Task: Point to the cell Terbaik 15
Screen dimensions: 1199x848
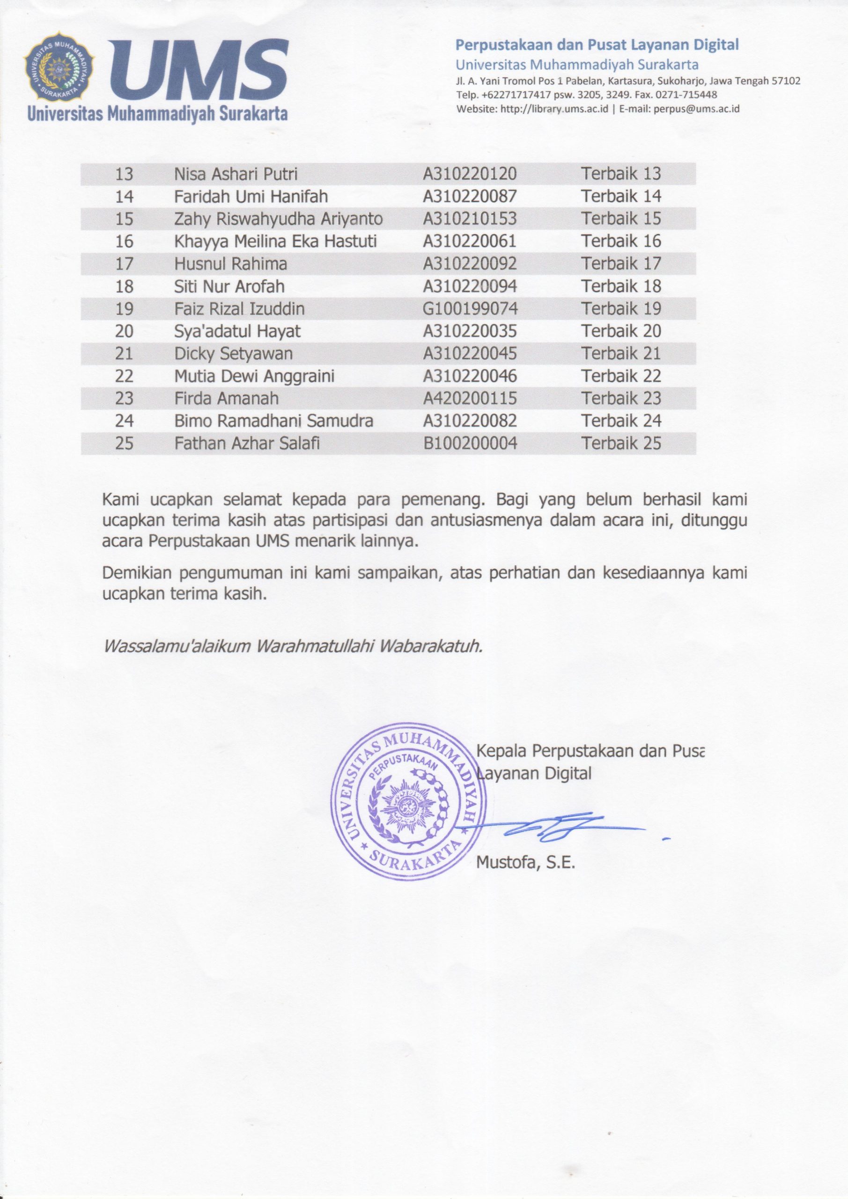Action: (621, 218)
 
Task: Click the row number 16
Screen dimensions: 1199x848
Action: (124, 241)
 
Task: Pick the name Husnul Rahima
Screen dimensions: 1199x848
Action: (230, 264)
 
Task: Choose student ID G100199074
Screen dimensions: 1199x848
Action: (470, 309)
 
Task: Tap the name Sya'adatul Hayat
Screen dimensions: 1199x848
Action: (237, 331)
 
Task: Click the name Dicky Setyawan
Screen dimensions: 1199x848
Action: (233, 354)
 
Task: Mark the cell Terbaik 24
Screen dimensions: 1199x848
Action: (621, 421)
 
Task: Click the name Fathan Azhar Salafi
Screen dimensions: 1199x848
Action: (246, 444)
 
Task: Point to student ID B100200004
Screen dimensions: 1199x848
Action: (470, 444)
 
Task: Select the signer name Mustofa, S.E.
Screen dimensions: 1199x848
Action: (525, 863)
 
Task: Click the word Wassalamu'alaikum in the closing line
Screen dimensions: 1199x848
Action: (176, 646)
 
